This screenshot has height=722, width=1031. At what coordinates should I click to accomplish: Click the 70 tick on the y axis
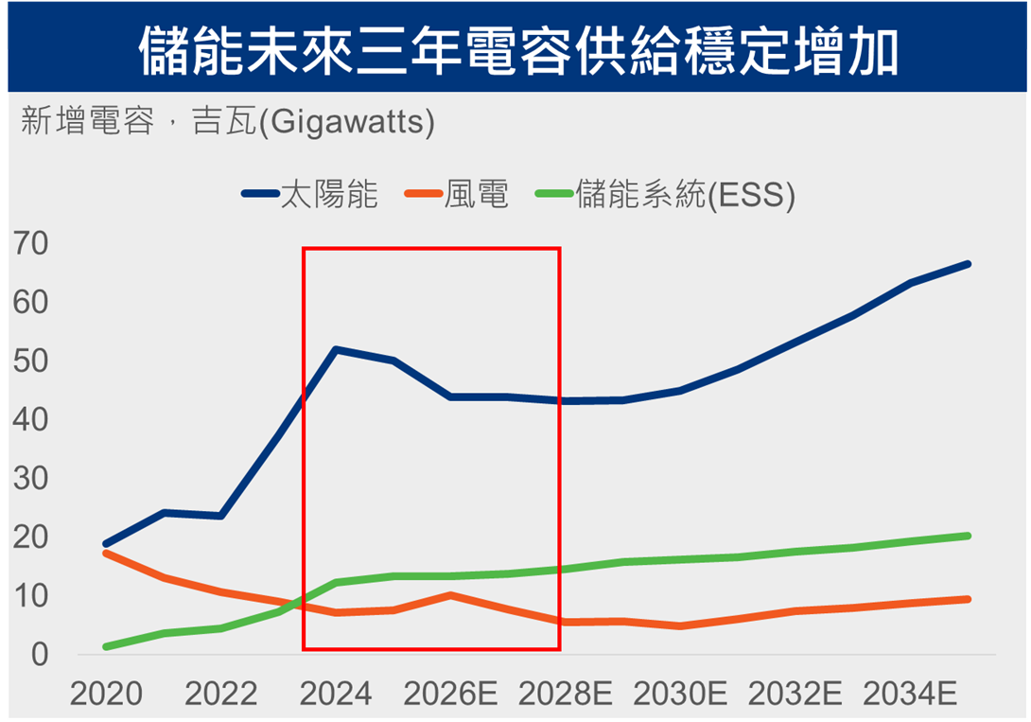[31, 244]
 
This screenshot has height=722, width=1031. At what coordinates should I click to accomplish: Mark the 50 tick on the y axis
[31, 361]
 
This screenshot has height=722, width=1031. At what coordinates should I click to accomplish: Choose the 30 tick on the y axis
[31, 479]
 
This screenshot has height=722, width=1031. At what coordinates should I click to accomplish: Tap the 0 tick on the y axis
[39, 654]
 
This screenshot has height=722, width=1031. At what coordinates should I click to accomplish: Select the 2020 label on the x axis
[107, 695]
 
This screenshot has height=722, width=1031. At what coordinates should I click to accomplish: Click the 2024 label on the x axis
[336, 695]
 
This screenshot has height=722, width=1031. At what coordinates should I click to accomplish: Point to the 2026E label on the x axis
[450, 695]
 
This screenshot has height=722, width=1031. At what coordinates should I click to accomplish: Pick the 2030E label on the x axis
[680, 695]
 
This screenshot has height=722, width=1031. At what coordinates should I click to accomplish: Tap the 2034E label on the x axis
[910, 695]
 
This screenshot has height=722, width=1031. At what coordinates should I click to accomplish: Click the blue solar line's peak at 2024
[336, 349]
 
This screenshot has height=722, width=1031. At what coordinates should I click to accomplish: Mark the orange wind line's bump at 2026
[450, 594]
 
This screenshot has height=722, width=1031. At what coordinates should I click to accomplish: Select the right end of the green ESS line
[968, 536]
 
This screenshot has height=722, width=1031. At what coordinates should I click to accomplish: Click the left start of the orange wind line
[106, 553]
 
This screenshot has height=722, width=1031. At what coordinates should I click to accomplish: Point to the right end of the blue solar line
[968, 263]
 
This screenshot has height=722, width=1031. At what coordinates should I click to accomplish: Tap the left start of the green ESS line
[106, 646]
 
